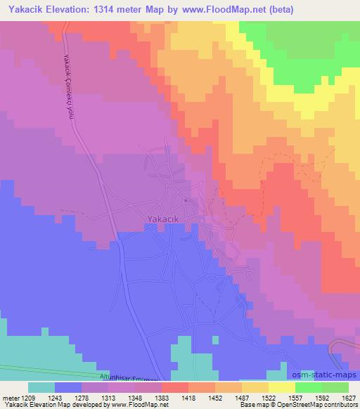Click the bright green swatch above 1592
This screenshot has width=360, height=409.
[x=308, y=387]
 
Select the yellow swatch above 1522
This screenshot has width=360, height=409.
[x=257, y=387]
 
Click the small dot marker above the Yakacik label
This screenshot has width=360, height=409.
[x=185, y=200]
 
